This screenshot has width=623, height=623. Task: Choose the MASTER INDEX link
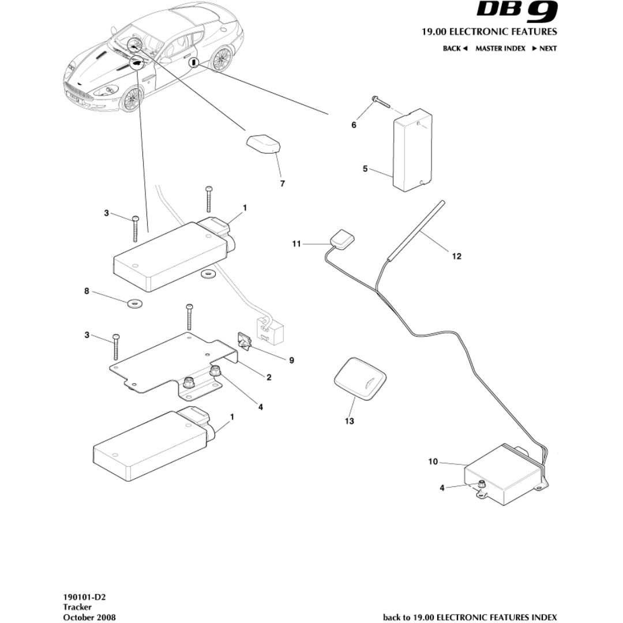pos(500,48)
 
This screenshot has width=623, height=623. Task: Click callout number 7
pos(282,184)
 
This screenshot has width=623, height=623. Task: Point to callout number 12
pos(456,257)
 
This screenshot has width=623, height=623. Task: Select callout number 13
pos(349,421)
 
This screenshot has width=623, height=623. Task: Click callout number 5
pos(365,169)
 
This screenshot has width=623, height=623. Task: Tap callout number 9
pos(291,361)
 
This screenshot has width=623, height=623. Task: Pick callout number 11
pos(296,244)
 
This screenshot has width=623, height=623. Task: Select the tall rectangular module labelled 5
pos(412,151)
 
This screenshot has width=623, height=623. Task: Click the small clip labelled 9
pos(245,341)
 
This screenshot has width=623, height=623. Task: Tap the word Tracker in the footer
pos(77,607)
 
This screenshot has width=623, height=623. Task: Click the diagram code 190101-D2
pos(89,597)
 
